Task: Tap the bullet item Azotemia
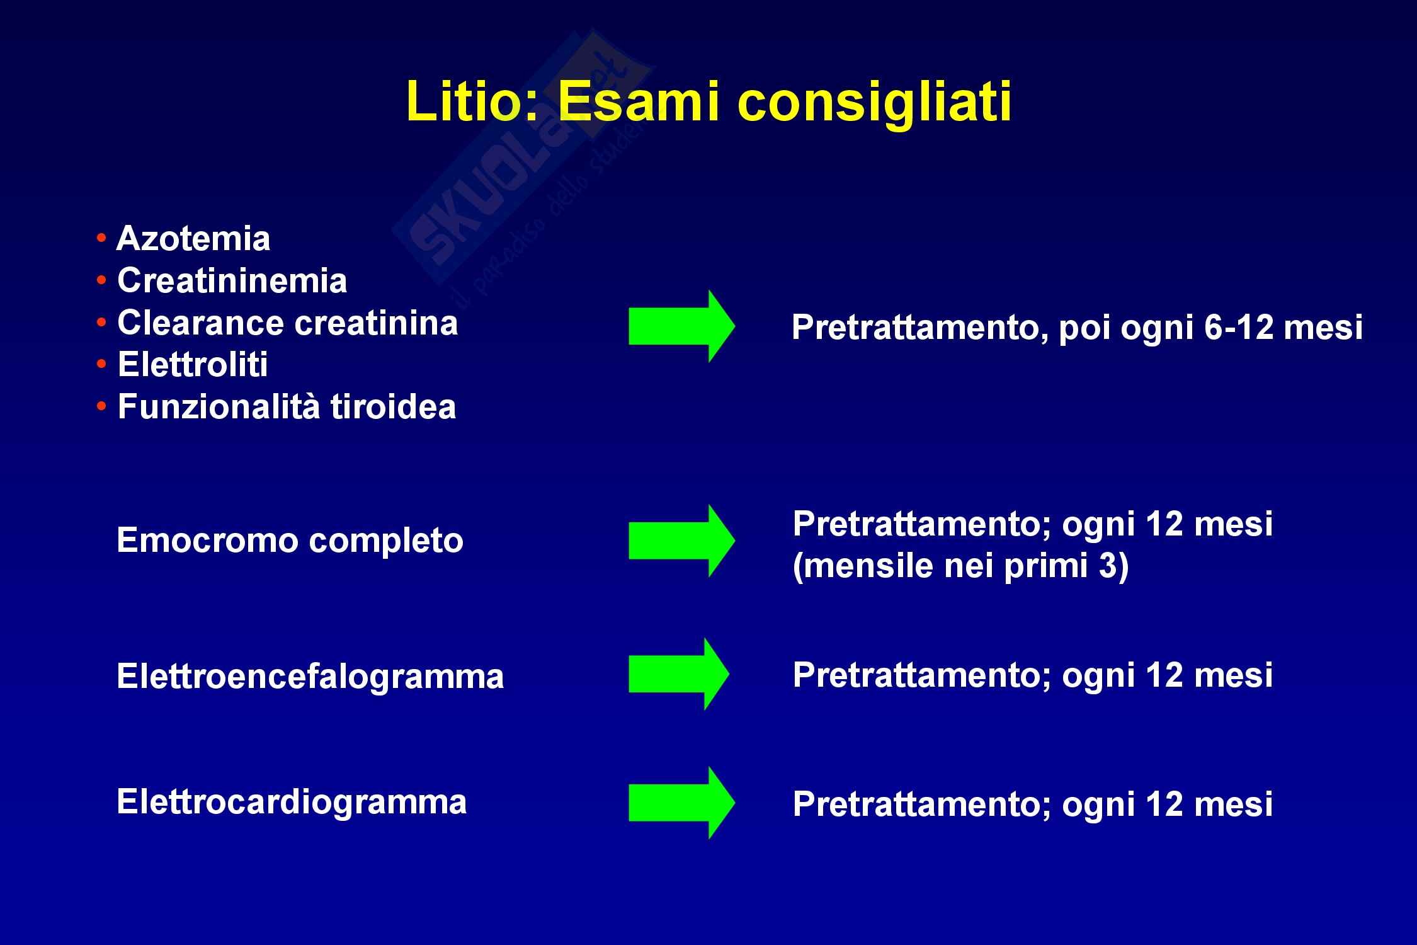pyautogui.click(x=193, y=239)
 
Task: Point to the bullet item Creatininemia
pyautogui.click(x=232, y=281)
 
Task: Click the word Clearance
pyautogui.click(x=201, y=323)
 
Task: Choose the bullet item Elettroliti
pyautogui.click(x=193, y=365)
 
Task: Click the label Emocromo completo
pyautogui.click(x=290, y=541)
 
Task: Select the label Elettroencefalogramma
pyautogui.click(x=310, y=677)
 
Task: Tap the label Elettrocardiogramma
pyautogui.click(x=292, y=802)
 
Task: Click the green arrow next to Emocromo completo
pyautogui.click(x=681, y=541)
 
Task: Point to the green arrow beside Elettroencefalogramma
pyautogui.click(x=679, y=674)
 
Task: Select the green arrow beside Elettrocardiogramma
pyautogui.click(x=681, y=803)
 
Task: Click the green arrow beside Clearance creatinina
pyautogui.click(x=681, y=326)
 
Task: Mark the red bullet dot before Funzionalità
pyautogui.click(x=101, y=406)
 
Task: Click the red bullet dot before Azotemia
pyautogui.click(x=101, y=239)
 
